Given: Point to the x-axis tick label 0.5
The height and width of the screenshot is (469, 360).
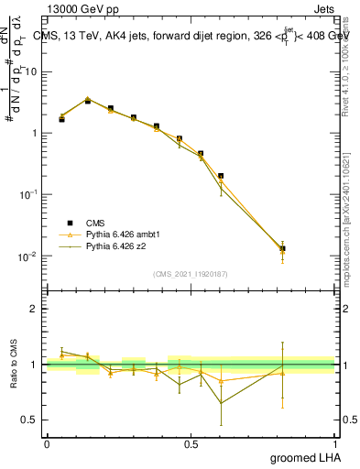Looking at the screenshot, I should tap(191, 442).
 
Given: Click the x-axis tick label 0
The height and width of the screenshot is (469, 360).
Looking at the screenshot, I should tap(47, 442).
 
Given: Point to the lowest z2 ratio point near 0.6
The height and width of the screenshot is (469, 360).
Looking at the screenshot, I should tap(221, 403).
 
